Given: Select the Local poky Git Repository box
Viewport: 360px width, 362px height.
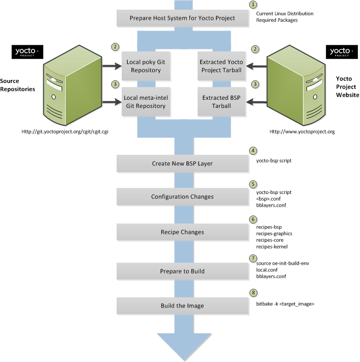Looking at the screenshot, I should [x=146, y=66].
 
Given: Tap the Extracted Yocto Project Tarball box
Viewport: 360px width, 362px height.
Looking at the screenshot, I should [x=221, y=66].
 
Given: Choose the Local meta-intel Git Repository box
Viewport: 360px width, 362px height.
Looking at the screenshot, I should [x=146, y=102].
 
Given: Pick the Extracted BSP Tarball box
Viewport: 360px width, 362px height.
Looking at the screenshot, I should [x=221, y=102].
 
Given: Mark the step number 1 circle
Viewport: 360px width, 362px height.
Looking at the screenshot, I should [x=253, y=5].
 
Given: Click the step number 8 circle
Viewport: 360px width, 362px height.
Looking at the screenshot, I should [x=253, y=293].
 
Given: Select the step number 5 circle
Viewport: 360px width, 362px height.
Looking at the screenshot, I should [x=253, y=184].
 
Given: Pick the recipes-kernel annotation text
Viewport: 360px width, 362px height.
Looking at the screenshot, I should [x=272, y=246].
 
